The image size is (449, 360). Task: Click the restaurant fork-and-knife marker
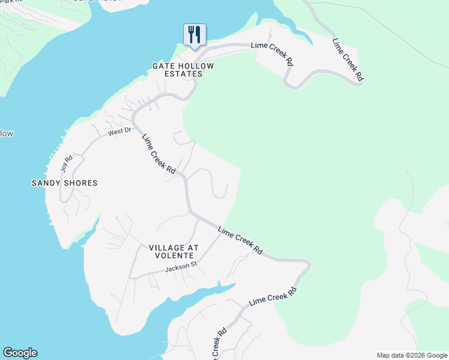tap(194, 35)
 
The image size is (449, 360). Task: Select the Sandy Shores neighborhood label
tap(64, 183)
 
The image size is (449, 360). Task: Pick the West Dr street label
tap(119, 131)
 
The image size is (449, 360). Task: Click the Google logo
tap(20, 353)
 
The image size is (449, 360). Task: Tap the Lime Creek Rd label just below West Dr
tap(158, 154)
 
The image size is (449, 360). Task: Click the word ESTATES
tap(184, 74)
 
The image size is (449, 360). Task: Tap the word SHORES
tap(80, 183)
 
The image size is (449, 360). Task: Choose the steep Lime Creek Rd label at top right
tap(348, 60)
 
